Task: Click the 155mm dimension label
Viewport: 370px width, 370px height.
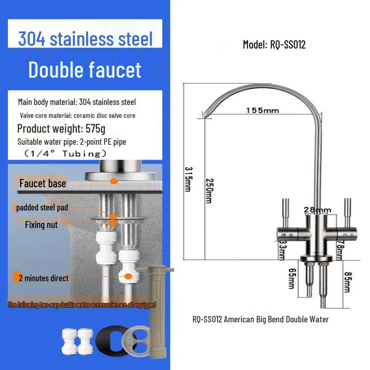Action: click(262, 111)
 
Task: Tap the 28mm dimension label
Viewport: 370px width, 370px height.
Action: click(318, 210)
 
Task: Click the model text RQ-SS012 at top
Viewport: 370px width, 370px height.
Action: click(274, 45)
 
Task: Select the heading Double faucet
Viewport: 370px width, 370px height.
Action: click(85, 69)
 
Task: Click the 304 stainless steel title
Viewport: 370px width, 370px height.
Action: click(86, 38)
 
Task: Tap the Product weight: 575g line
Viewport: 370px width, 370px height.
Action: click(62, 128)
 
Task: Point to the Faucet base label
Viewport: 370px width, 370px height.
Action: click(43, 184)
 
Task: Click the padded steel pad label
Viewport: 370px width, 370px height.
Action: click(42, 208)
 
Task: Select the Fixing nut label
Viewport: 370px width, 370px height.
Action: click(42, 225)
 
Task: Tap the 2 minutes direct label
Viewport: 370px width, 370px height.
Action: click(43, 278)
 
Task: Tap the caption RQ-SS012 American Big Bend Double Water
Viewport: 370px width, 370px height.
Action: click(260, 319)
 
